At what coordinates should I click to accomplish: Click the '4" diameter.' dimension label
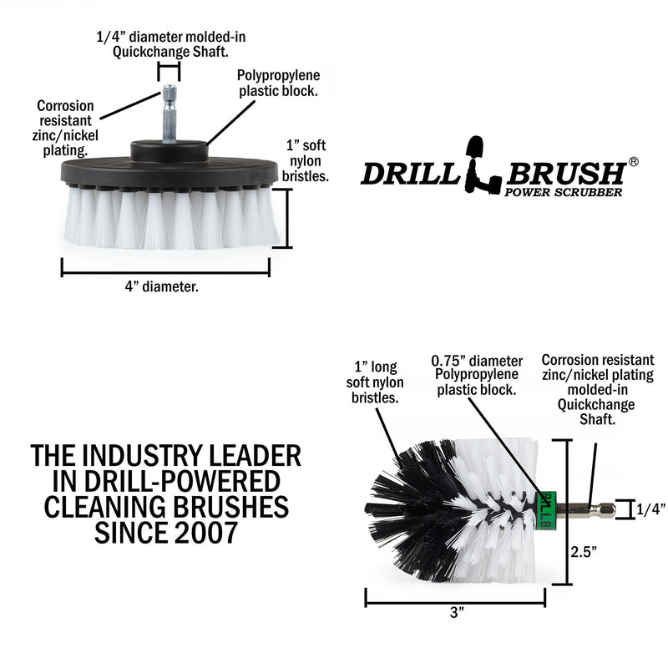[x=164, y=286]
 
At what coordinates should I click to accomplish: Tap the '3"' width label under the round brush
[x=456, y=612]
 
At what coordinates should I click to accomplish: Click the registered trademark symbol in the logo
[x=633, y=162]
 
